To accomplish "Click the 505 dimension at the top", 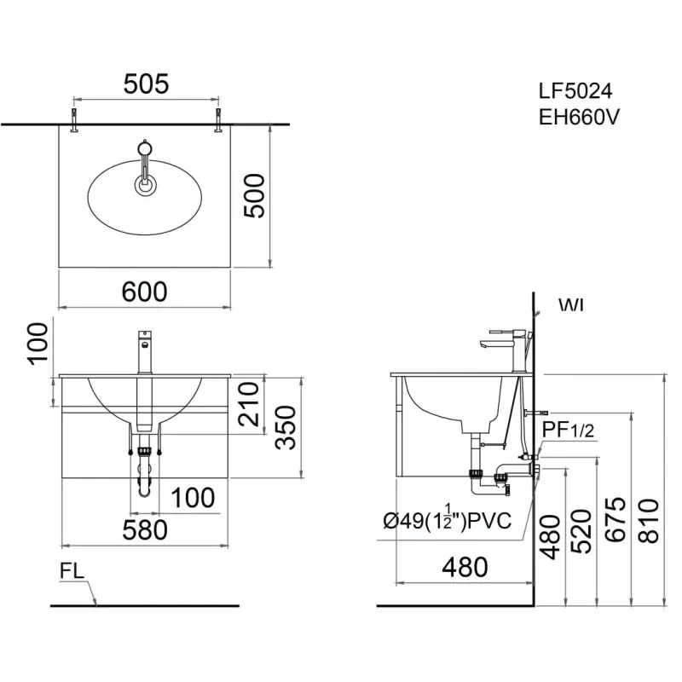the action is tap(146, 84).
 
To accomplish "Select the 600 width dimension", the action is tap(144, 292).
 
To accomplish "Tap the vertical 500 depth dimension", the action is tap(254, 195).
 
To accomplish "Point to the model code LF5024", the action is tap(575, 91).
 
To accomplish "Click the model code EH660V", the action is tap(579, 117).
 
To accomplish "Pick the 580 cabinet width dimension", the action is tap(145, 529).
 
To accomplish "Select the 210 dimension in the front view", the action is tap(249, 404).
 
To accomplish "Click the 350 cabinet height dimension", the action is tap(286, 427).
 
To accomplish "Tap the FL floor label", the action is tap(72, 571).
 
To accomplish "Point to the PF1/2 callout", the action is tap(568, 431).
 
